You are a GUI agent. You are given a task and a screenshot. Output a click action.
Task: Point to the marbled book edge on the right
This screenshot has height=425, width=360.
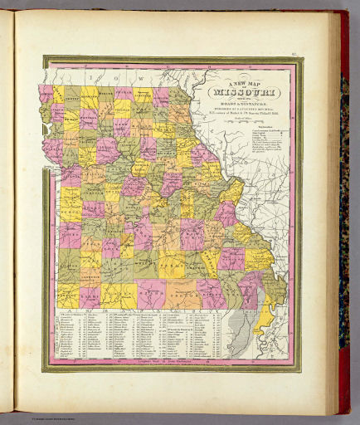(x=343, y=208)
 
